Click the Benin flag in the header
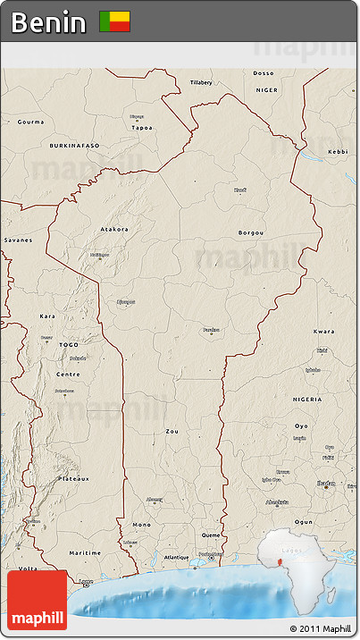[114, 21]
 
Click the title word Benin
[48, 22]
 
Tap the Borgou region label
[251, 232]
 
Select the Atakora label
[113, 229]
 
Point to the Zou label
[172, 431]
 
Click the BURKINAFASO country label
[75, 145]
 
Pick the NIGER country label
[267, 90]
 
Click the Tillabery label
[201, 82]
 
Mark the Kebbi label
[338, 152]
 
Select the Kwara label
[323, 332]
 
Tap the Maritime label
[80, 552]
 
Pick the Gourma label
[30, 122]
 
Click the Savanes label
[17, 240]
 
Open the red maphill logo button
[37, 600]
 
